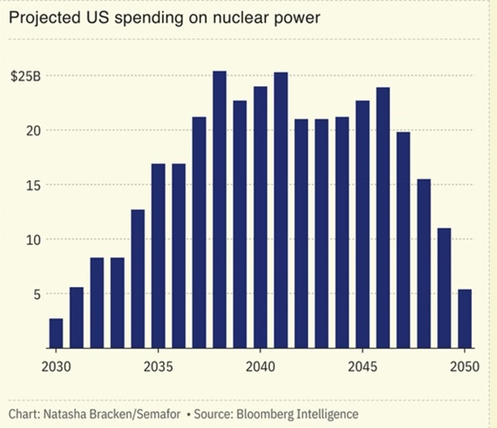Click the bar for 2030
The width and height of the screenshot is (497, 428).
point(56,333)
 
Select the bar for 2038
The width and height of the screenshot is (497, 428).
point(220,210)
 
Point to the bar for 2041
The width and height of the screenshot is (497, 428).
point(281,211)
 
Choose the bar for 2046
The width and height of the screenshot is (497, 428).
point(383,218)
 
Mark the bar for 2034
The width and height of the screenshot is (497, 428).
point(138,279)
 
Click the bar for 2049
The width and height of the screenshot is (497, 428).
point(444,288)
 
